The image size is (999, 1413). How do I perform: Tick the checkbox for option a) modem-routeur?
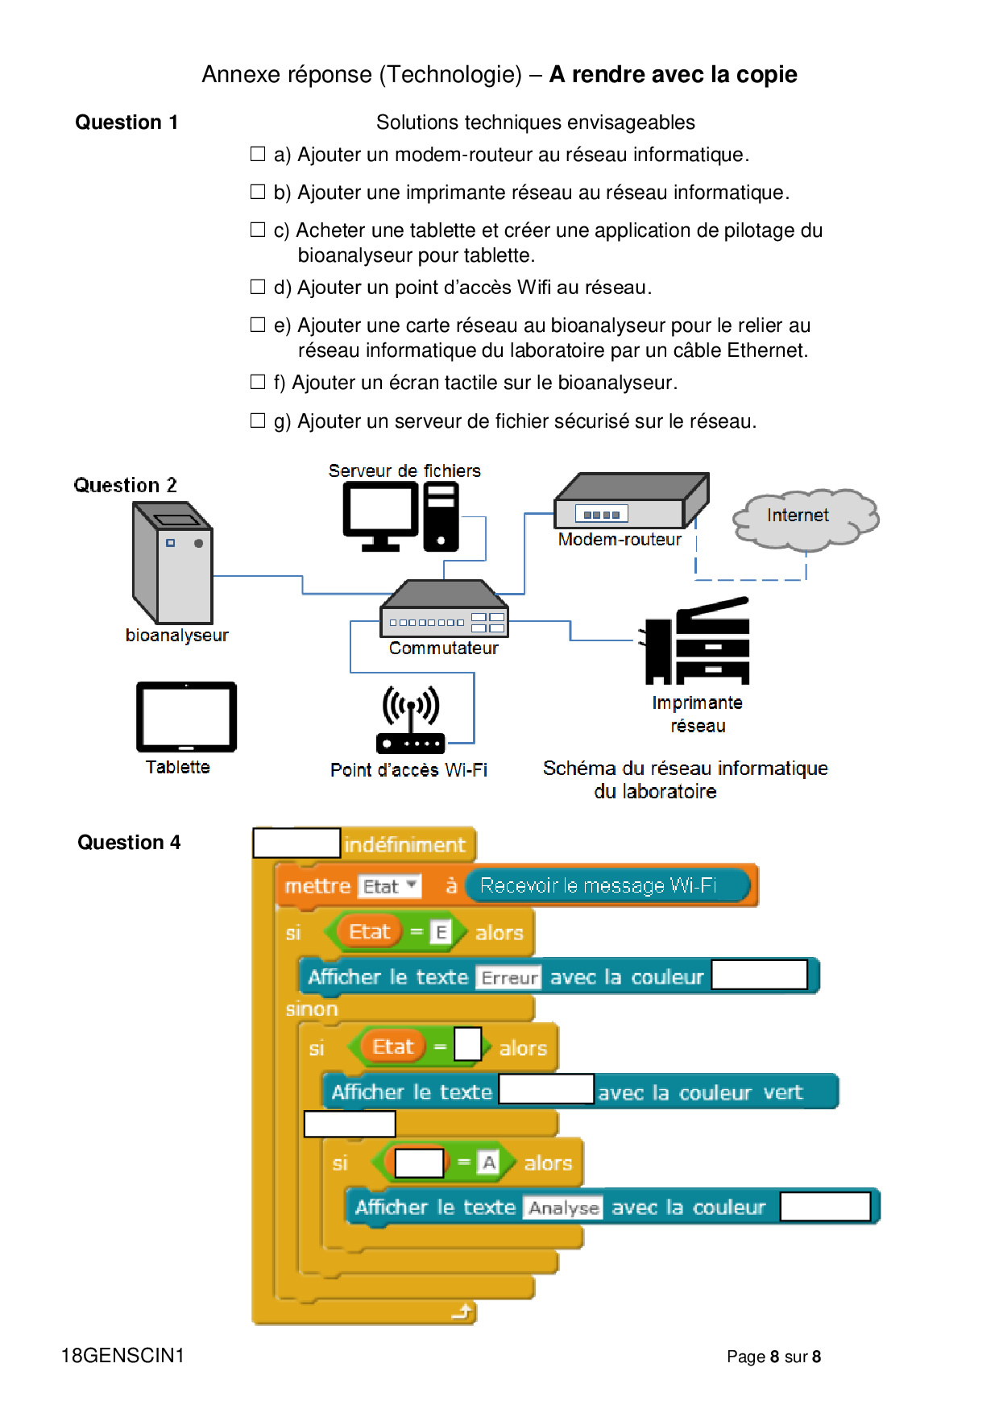258,154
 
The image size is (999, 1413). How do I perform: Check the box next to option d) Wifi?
258,287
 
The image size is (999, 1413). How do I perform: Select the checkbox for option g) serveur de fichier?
258,421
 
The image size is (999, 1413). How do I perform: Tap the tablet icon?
186,717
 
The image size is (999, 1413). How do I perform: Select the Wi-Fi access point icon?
411,719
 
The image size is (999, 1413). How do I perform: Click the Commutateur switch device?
444,608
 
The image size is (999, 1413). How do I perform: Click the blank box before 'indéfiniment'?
296,843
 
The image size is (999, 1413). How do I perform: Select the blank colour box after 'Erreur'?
759,975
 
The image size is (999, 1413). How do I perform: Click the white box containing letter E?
441,932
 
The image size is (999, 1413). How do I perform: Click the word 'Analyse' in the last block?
563,1208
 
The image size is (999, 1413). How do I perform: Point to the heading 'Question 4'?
129,843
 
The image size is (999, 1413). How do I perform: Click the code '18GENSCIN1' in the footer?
122,1356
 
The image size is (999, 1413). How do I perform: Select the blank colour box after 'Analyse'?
825,1207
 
